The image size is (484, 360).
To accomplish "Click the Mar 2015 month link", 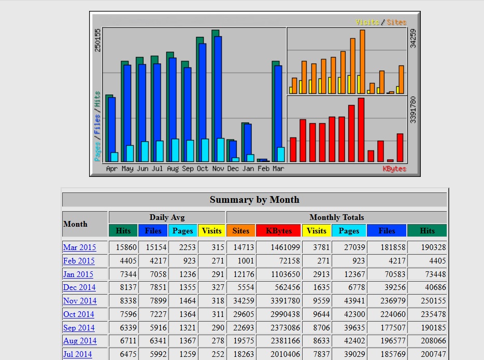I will coord(79,247).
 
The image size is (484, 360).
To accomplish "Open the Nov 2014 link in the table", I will coord(80,301).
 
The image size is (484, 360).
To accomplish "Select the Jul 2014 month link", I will coord(78,355).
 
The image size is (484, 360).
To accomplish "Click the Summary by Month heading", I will coord(254,200).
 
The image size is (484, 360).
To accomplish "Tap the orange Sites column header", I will coord(240,231).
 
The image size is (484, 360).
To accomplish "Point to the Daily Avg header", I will coord(167,217).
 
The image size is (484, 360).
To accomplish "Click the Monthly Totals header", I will coord(336,217).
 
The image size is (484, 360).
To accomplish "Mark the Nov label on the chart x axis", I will coord(218,169).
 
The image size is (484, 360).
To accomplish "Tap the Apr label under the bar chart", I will coord(112,169).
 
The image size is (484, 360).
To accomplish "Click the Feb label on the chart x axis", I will coord(263,169).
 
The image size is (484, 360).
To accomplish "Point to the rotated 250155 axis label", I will coord(98,40).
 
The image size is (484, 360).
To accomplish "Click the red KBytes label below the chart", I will coord(394,169).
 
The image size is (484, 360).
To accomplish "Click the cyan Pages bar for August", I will coord(175,150).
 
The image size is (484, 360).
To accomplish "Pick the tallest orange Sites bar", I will coord(362,62).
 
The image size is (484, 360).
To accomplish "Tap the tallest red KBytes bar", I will coord(361,130).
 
